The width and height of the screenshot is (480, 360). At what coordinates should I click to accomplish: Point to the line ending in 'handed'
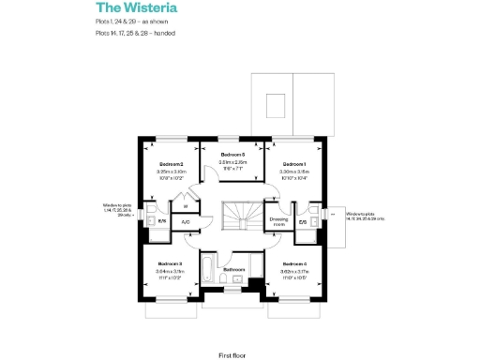(135, 33)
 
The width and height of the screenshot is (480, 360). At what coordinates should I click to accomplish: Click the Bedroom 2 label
(171, 164)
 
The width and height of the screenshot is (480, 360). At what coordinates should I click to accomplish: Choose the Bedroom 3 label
(171, 264)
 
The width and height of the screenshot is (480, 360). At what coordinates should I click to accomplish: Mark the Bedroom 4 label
(293, 264)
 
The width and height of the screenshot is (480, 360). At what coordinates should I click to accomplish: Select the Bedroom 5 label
(232, 154)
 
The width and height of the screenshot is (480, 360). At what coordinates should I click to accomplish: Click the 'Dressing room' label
(277, 222)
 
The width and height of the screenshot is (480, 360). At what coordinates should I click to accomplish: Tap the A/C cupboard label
(186, 222)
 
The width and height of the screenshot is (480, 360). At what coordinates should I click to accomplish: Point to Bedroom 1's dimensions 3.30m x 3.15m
(293, 172)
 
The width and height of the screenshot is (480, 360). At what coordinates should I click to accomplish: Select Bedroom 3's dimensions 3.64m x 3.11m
(171, 272)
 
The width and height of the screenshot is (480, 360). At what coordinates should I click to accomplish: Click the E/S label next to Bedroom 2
(162, 222)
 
